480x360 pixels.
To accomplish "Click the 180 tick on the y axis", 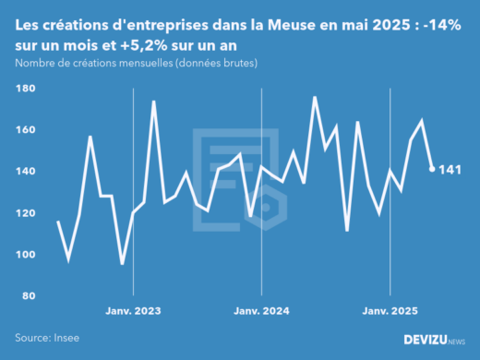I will (x=25, y=89).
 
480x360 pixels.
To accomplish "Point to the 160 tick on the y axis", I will (x=25, y=130).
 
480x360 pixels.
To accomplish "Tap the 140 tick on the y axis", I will (x=25, y=172).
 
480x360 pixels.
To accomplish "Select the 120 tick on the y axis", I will (x=25, y=213).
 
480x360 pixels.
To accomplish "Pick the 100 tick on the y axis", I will (x=25, y=255).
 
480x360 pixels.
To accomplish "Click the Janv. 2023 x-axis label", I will (x=134, y=312).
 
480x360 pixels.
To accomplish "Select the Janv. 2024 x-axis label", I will (x=262, y=312).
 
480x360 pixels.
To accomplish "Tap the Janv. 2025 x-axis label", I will (x=390, y=312).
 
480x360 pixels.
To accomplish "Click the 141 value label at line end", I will (x=450, y=170).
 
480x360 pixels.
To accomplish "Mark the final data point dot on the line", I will (x=432, y=169).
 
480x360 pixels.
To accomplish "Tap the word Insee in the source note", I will (x=66, y=338).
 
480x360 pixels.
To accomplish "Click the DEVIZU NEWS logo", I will (x=435, y=341).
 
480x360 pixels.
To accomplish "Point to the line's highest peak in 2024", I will (x=315, y=97).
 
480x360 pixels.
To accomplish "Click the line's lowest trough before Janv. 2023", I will (x=122, y=264).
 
